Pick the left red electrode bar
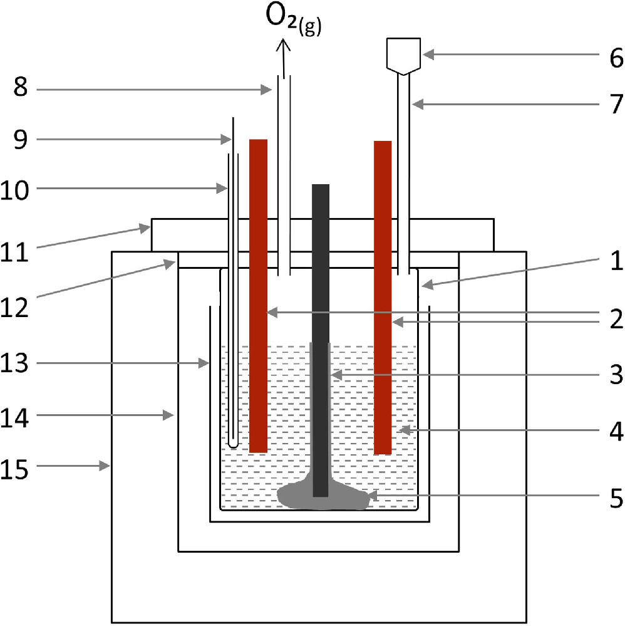[259, 295]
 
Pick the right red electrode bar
[383, 295]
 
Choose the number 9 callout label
[21, 139]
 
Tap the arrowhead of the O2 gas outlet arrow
[284, 44]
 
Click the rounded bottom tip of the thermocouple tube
[233, 443]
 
